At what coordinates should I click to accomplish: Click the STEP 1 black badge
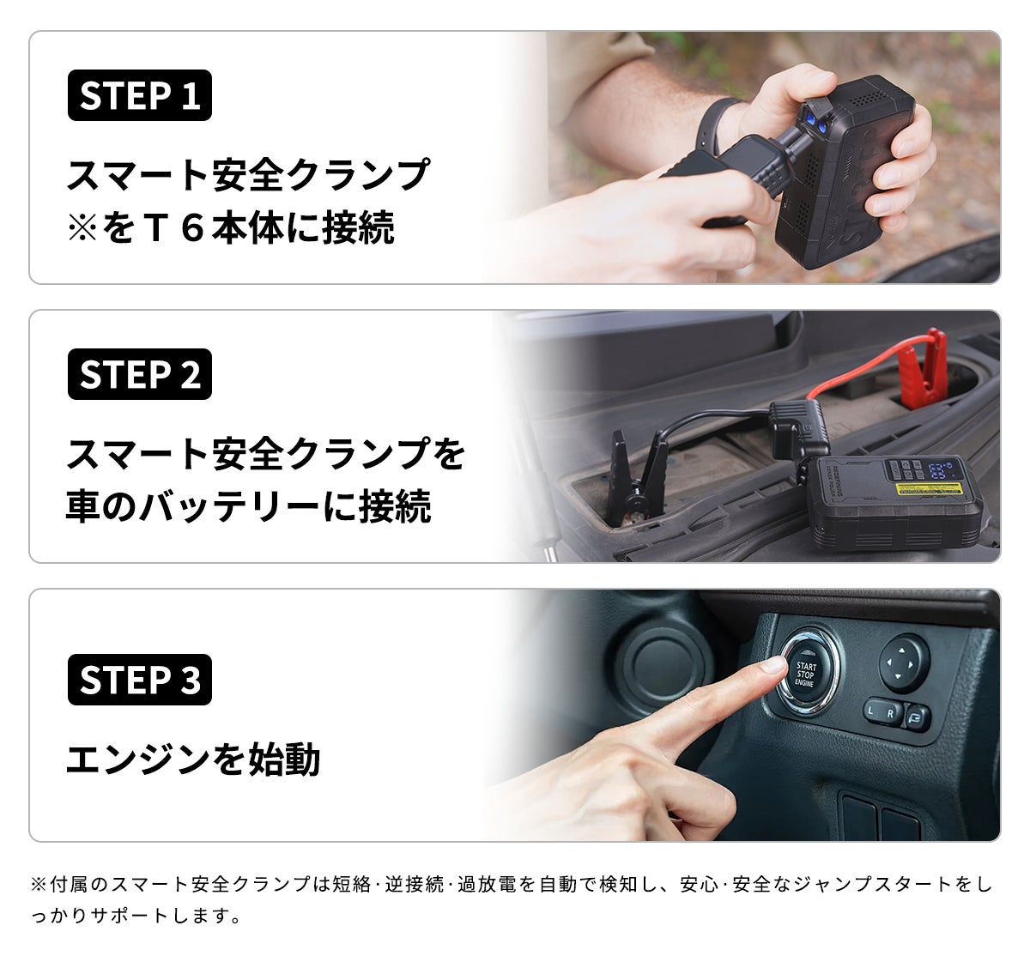pos(140,95)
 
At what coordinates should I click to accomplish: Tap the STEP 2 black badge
pos(140,374)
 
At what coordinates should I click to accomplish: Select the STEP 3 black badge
pos(140,680)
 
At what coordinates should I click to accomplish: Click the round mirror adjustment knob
pos(904,663)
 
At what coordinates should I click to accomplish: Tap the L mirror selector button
pos(872,710)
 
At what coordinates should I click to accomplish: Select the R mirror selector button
pos(891,715)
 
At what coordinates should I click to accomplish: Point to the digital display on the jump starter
pos(938,470)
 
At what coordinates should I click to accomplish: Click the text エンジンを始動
pos(193,759)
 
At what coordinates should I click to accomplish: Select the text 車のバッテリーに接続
pos(248,505)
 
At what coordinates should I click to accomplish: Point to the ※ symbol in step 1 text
pos(82,228)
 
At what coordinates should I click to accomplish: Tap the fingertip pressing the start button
pos(772,665)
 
